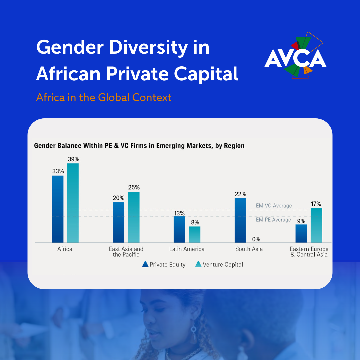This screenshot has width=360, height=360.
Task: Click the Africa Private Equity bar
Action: pyautogui.click(x=58, y=209)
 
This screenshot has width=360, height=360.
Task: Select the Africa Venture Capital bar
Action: pyautogui.click(x=73, y=203)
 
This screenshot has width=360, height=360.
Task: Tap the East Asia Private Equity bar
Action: pyautogui.click(x=118, y=222)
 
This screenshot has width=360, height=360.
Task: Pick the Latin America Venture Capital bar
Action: pyautogui.click(x=195, y=234)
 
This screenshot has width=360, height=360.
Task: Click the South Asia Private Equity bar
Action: pyautogui.click(x=240, y=220)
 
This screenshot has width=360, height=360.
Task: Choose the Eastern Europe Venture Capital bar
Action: pyautogui.click(x=316, y=225)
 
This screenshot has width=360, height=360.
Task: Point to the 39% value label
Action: pyautogui.click(x=73, y=159)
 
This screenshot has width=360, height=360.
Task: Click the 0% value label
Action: pyautogui.click(x=256, y=239)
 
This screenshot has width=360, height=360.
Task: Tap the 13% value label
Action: pyautogui.click(x=179, y=212)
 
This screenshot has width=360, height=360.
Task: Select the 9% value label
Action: pyautogui.click(x=301, y=221)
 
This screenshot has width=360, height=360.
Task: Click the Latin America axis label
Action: pyautogui.click(x=187, y=249)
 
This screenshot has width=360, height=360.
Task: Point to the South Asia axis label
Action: pyautogui.click(x=249, y=249)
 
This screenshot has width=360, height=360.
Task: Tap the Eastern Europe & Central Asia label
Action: pyautogui.click(x=309, y=252)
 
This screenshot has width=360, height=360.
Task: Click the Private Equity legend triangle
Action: pyautogui.click(x=145, y=264)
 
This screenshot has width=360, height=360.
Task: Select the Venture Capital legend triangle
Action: pyautogui.click(x=198, y=264)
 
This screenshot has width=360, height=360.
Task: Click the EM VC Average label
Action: pyautogui.click(x=274, y=206)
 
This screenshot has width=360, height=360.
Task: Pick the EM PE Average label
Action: pyautogui.click(x=273, y=220)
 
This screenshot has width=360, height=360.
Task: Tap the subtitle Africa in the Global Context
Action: pyautogui.click(x=104, y=97)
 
